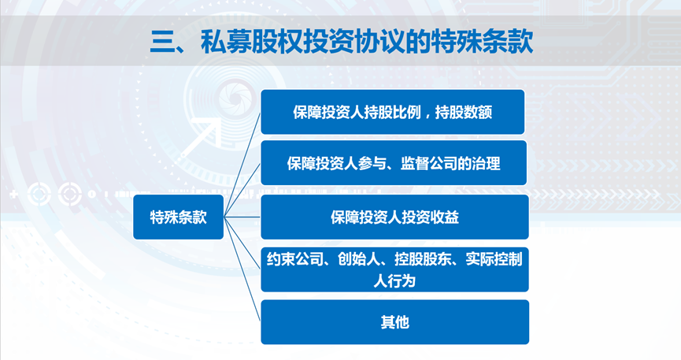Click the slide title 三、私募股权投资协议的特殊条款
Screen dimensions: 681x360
tap(342, 43)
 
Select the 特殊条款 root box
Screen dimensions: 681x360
tap(178, 217)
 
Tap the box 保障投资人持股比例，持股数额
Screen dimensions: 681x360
tap(393, 112)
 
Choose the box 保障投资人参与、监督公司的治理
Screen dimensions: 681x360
tap(394, 163)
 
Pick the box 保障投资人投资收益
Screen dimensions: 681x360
tap(394, 217)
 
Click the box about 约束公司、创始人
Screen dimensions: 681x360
tap(394, 269)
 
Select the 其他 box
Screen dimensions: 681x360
tap(394, 322)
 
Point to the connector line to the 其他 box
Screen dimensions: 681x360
tap(242, 269)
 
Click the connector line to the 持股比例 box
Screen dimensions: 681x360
tap(242, 165)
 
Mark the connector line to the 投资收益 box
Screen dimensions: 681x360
tap(242, 217)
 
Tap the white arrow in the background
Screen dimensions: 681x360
tap(201, 137)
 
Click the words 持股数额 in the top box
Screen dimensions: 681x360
tap(464, 113)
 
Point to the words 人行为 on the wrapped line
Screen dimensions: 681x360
tap(394, 281)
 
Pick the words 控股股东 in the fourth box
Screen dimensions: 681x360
tap(422, 260)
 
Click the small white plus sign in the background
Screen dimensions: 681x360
tap(14, 195)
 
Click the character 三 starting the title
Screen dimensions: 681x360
tap(161, 43)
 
